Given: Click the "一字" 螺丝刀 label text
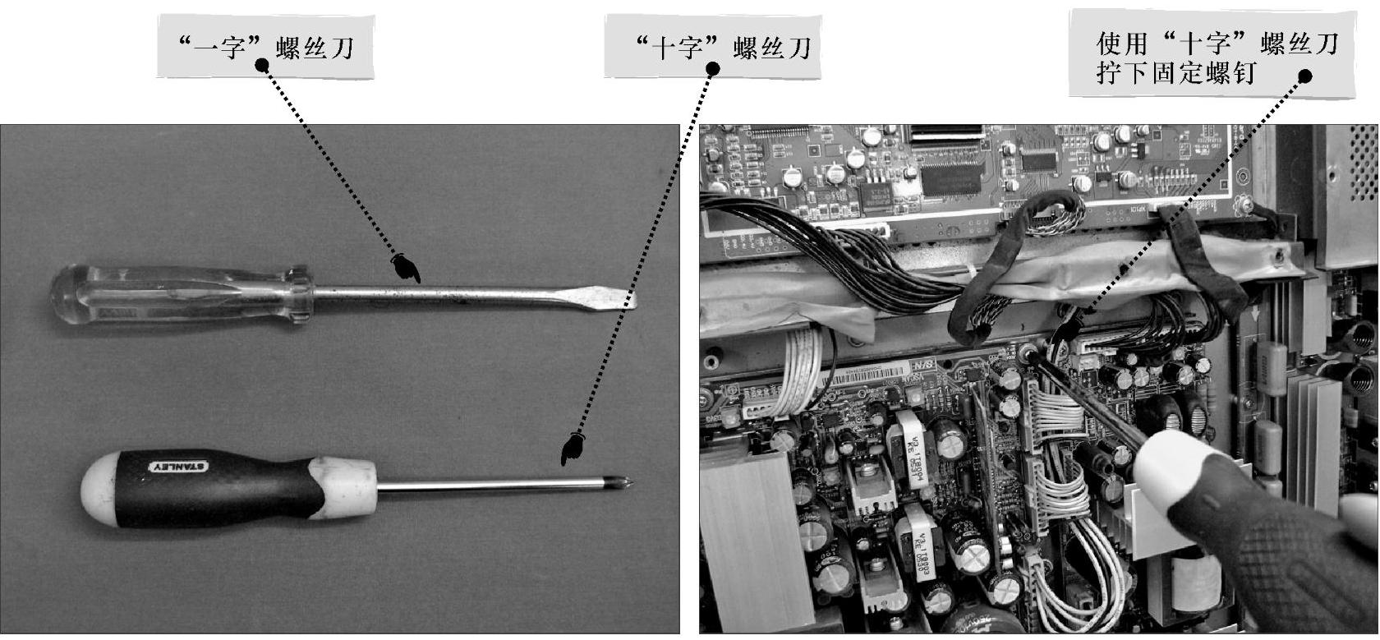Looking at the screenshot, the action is pos(265,48).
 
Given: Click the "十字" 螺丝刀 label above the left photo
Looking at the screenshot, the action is pos(723,48).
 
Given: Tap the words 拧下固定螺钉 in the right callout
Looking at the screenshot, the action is pos(1176,74).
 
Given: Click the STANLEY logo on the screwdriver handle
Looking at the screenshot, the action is pos(179,467).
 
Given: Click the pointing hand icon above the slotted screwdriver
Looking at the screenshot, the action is pos(406,267).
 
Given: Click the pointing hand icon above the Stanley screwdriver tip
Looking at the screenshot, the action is pos(573,449).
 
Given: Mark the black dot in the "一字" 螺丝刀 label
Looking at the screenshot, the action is pos(262,65).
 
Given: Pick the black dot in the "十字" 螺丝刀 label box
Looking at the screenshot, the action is pos(712,67).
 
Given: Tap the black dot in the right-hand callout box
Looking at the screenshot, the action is pos(1304,76).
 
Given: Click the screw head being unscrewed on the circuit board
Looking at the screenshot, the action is pos(1027,353).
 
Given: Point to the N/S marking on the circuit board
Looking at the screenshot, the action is pos(923,365).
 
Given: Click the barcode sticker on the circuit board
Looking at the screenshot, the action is pos(866,375).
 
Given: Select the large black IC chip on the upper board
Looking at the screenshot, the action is pos(951,178).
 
